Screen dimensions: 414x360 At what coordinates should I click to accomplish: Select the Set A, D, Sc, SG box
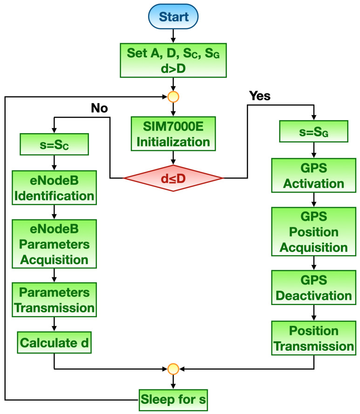pyautogui.click(x=173, y=60)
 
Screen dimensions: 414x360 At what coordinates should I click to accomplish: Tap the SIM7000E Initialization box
pyautogui.click(x=173, y=134)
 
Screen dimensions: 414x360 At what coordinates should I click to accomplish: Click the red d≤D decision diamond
pyautogui.click(x=173, y=178)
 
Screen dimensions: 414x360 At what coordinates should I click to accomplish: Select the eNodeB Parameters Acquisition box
pyautogui.click(x=54, y=244)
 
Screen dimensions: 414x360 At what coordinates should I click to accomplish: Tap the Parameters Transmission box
pyautogui.click(x=54, y=300)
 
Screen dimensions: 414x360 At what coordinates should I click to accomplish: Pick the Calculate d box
pyautogui.click(x=54, y=344)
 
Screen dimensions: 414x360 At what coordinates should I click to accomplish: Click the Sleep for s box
pyautogui.click(x=173, y=399)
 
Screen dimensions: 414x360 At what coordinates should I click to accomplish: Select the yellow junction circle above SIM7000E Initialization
pyautogui.click(x=173, y=97)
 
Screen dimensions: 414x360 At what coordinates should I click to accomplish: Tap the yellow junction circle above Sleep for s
pyautogui.click(x=173, y=369)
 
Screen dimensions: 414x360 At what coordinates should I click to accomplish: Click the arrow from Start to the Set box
pyautogui.click(x=173, y=35)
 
